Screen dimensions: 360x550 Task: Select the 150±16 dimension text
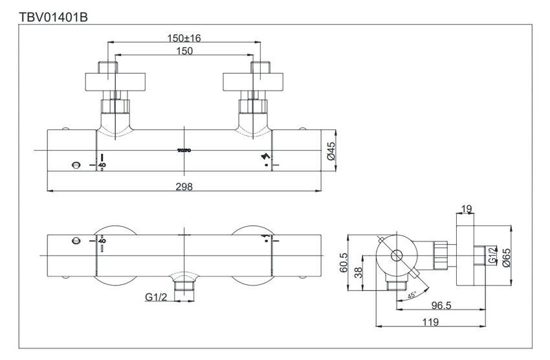point(184,38)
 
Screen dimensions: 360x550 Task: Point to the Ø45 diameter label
point(330,153)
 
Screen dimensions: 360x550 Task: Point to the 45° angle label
point(413,295)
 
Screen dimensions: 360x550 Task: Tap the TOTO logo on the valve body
point(184,151)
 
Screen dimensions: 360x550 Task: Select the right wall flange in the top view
point(254,82)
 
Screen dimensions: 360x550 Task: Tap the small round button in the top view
point(77,164)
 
